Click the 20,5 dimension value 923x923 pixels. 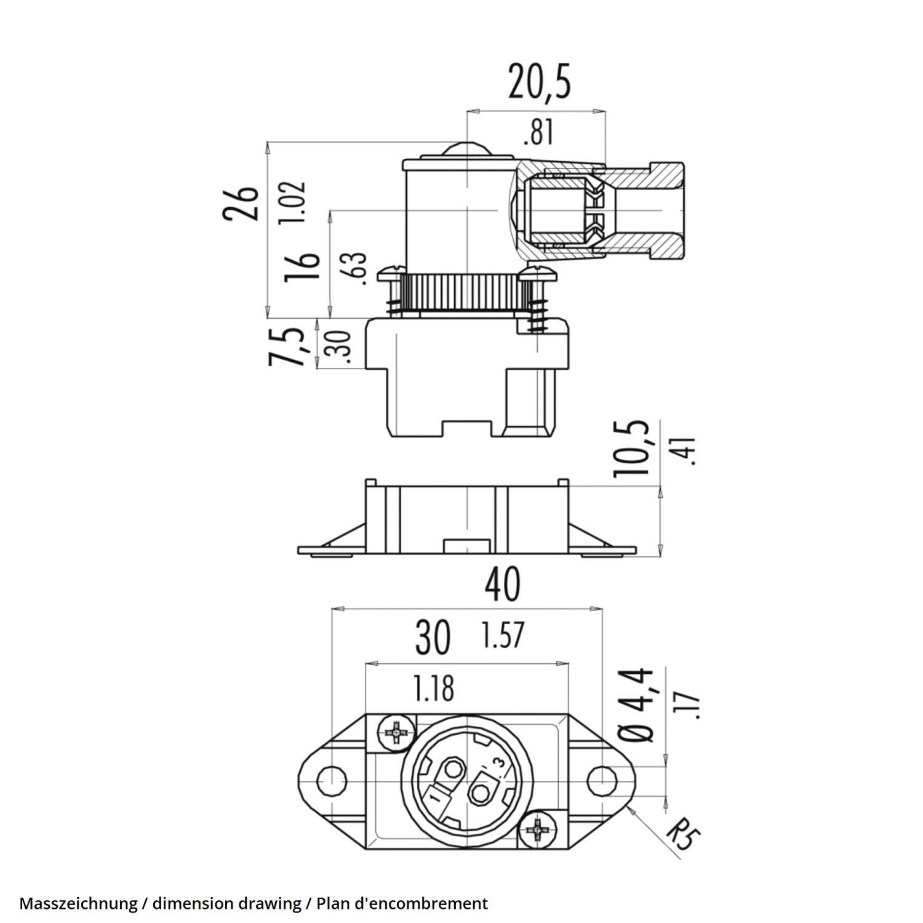coord(540,83)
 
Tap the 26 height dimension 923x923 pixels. coord(241,203)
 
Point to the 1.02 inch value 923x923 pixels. coord(292,202)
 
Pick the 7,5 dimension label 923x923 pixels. coord(287,347)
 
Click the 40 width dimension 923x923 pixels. coord(502,585)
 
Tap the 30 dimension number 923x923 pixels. coord(433,637)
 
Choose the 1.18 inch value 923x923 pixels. coord(434,689)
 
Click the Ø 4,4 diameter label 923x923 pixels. coord(635,705)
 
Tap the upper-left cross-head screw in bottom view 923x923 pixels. coord(396,732)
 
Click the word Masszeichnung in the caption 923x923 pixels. coord(78,904)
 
